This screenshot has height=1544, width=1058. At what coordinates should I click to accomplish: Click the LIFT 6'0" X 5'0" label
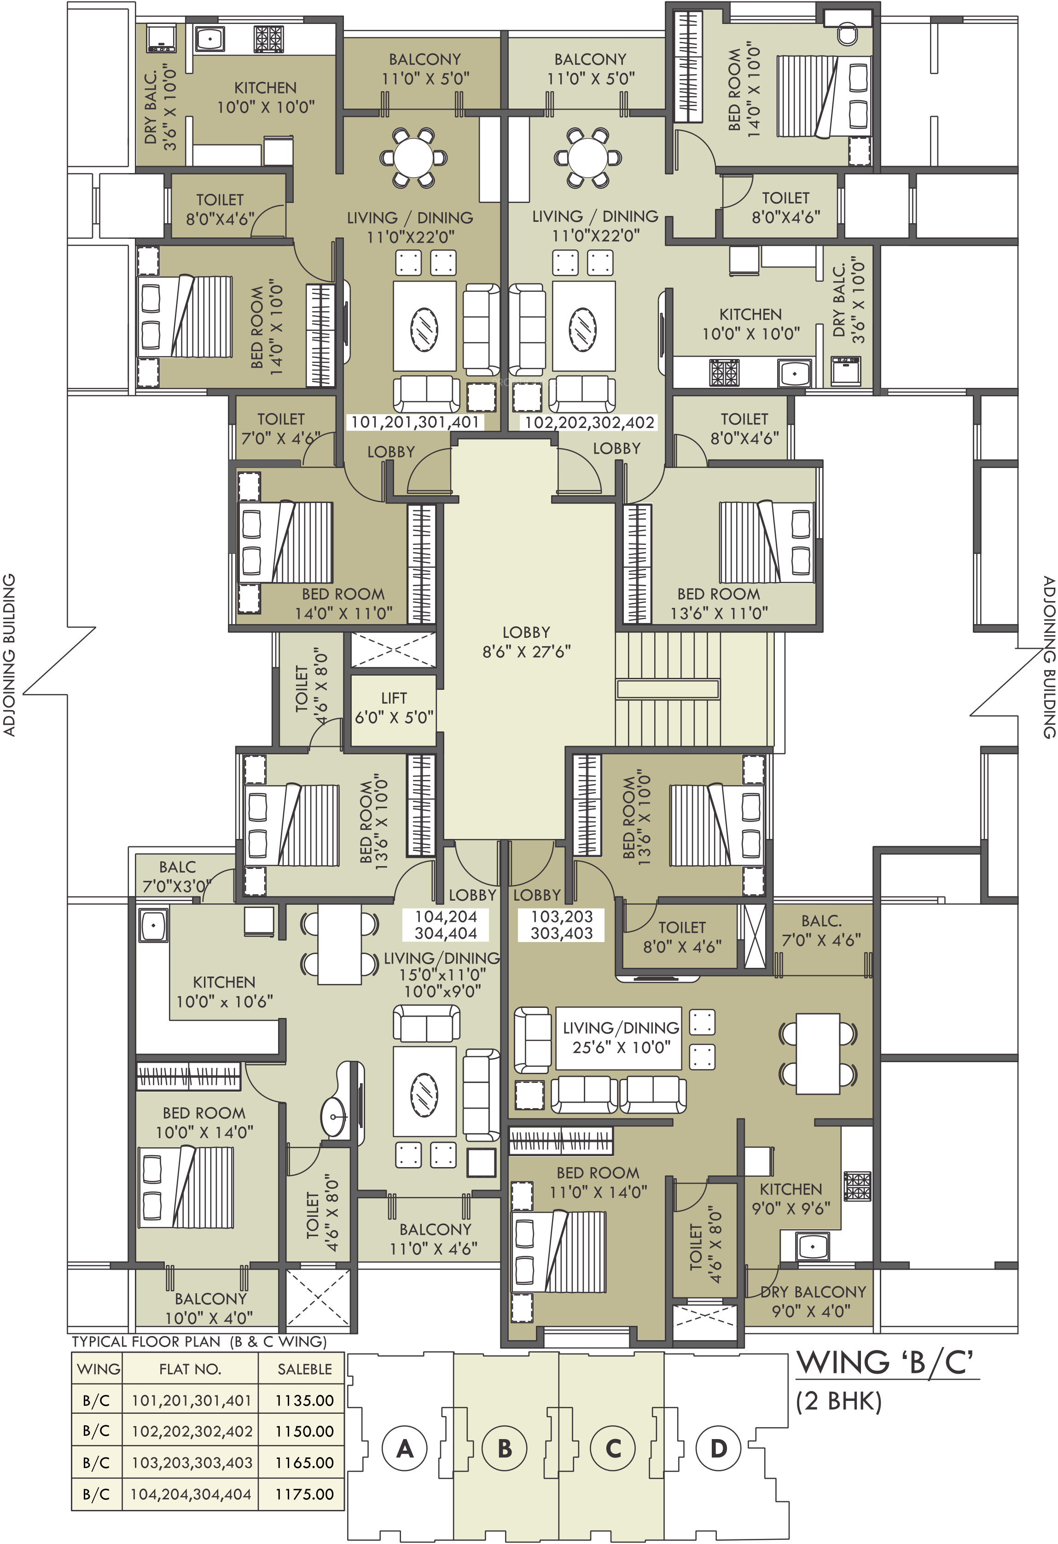(394, 707)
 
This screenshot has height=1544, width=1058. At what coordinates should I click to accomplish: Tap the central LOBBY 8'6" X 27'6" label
(526, 642)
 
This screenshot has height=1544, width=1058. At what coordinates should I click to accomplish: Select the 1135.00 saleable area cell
(304, 1400)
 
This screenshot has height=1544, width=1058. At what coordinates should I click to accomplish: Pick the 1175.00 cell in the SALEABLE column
(304, 1494)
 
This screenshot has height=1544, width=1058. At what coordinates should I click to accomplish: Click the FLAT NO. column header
(190, 1369)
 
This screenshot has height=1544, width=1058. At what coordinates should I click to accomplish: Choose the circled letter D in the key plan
(718, 1448)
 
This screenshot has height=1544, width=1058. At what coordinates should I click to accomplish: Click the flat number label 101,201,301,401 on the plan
(415, 422)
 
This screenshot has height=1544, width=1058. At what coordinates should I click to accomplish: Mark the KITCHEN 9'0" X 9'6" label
(791, 1198)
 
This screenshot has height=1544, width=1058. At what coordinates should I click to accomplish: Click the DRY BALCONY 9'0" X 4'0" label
(813, 1301)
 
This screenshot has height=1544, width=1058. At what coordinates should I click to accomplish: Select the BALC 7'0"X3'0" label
(177, 876)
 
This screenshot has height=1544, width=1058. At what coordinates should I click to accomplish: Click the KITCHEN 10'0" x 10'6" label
(224, 991)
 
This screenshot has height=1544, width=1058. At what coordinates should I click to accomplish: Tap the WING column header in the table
(99, 1369)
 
